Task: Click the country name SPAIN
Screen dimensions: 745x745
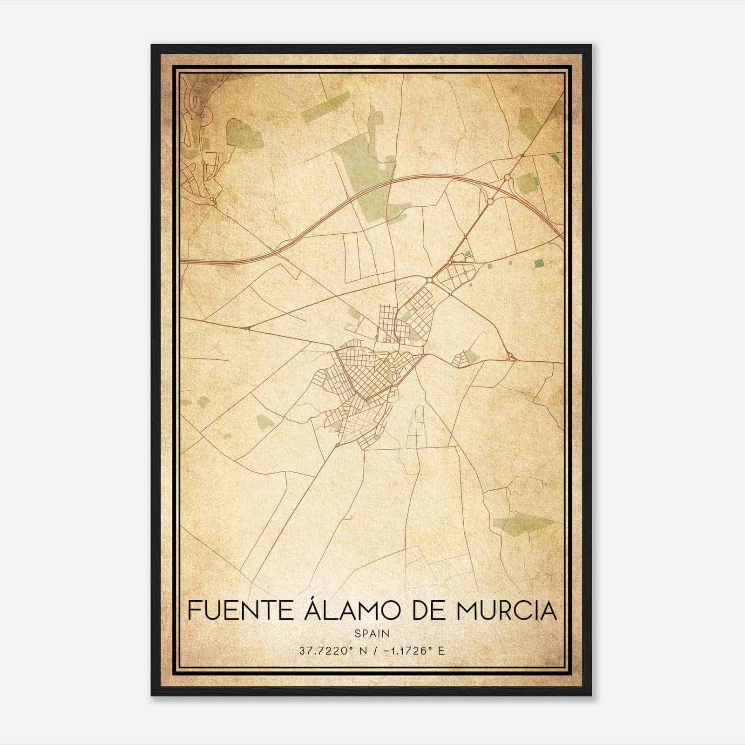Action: click(372, 633)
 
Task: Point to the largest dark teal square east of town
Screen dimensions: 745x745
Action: click(539, 264)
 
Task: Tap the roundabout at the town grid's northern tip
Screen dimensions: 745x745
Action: click(428, 280)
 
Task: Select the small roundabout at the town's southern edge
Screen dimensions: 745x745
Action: click(337, 445)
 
